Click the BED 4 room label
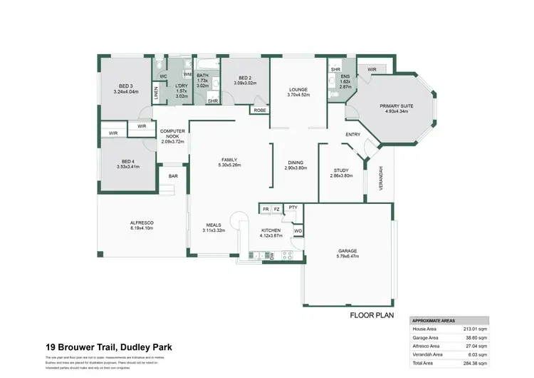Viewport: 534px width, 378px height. pos(128,164)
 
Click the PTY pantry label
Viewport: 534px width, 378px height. pos(292,208)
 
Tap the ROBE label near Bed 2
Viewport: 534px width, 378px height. pos(258,111)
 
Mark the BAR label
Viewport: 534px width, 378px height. pos(173,175)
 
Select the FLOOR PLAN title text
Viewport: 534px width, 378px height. pos(371,315)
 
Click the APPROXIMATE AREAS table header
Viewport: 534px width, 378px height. pos(435,321)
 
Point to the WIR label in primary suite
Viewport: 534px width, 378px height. pos(371,69)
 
